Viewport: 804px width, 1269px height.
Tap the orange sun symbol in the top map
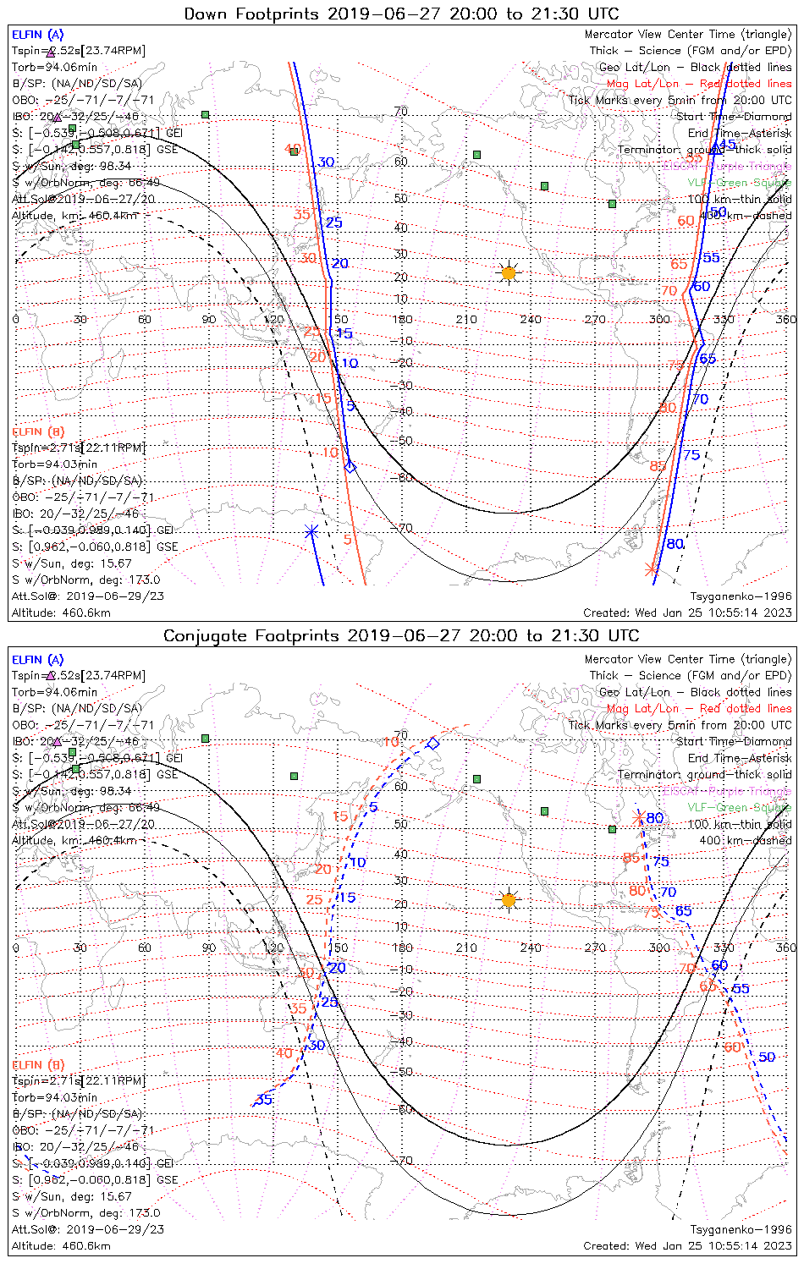pos(508,272)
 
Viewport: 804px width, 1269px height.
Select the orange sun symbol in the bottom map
pos(508,899)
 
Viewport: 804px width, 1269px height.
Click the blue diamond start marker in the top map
pos(350,465)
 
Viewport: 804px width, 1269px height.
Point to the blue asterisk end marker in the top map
pos(311,531)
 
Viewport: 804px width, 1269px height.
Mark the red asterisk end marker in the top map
pos(652,569)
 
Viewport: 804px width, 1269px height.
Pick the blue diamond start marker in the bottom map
pos(433,744)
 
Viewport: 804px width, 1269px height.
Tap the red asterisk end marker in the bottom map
pos(639,818)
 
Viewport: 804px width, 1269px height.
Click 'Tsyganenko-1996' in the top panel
pos(741,596)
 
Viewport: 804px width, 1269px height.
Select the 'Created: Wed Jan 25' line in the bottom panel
pos(687,1246)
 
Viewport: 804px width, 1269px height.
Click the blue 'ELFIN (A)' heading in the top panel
pos(37,35)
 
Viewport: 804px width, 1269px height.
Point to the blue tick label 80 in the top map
pos(675,544)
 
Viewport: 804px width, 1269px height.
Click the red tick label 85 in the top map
pos(658,466)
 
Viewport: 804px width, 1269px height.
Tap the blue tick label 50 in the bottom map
pos(767,1057)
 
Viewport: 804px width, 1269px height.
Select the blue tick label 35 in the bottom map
pos(264,1100)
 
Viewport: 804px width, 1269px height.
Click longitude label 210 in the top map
pos(466,319)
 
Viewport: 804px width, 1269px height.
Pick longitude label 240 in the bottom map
pos(531,948)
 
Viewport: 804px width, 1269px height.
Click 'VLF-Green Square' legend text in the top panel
pos(739,183)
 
